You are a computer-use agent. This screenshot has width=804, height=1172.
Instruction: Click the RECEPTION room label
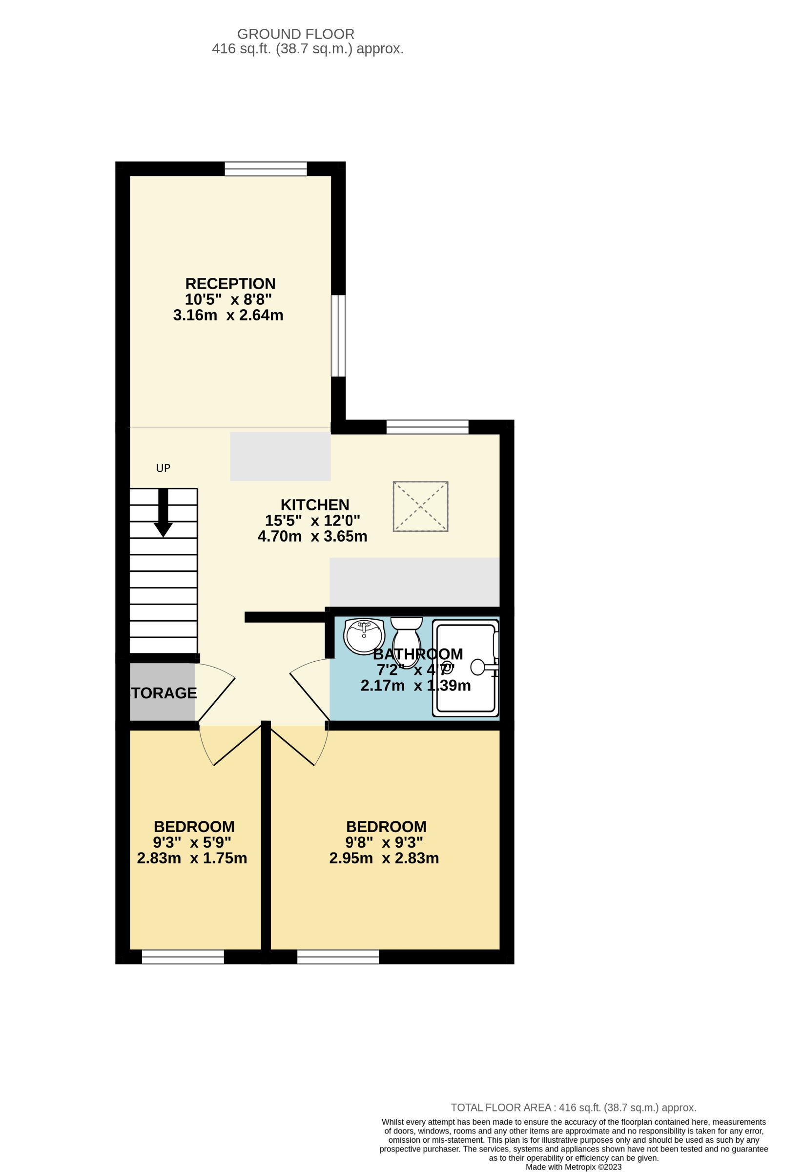(230, 284)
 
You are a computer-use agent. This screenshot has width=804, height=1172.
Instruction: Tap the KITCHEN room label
(314, 505)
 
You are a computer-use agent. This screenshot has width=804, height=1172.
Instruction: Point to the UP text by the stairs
(163, 468)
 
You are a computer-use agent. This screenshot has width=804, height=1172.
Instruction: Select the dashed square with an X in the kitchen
(420, 506)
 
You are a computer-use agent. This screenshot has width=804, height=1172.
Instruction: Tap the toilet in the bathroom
(406, 641)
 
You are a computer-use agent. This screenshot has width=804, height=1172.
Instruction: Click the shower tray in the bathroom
(465, 668)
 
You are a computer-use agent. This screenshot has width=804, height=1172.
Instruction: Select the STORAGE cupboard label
(164, 693)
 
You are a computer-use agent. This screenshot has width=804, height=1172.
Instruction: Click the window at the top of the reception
(266, 169)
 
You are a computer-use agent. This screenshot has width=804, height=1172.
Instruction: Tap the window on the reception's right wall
(338, 336)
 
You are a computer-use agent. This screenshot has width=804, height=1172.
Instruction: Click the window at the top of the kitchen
(428, 427)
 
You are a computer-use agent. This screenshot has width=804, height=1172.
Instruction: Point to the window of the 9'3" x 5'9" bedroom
(183, 957)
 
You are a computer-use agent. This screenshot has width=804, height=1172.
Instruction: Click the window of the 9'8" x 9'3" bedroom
(338, 957)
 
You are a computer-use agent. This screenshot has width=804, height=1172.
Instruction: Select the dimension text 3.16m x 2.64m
(228, 315)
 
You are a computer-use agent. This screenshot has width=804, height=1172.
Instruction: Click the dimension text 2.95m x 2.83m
(384, 858)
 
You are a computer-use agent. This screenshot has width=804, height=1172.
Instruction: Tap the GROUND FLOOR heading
(295, 34)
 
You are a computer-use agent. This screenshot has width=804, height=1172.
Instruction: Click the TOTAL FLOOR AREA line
(573, 1108)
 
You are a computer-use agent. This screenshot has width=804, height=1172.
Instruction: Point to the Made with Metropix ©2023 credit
(573, 1167)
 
